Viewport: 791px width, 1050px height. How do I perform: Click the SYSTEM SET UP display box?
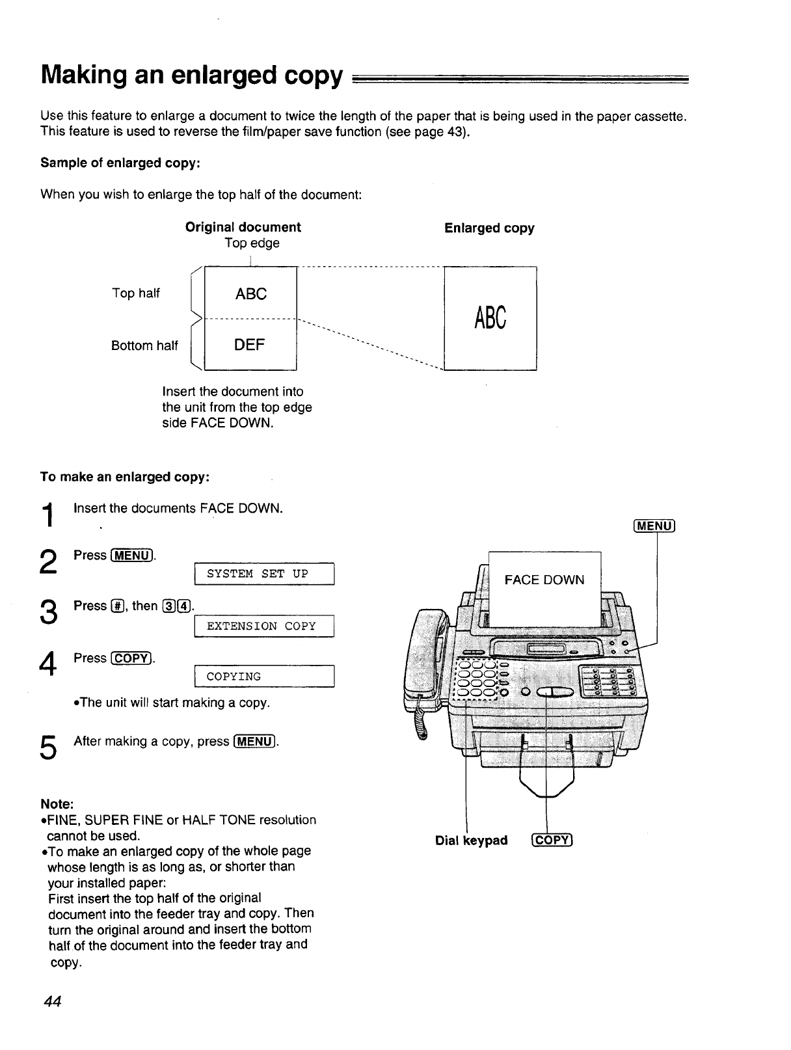coord(264,574)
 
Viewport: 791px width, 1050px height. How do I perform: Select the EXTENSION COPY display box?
coord(264,626)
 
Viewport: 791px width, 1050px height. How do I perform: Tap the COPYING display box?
coord(264,677)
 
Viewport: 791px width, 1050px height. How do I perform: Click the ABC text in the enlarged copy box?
coord(490,318)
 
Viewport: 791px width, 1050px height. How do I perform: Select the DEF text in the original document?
coord(250,345)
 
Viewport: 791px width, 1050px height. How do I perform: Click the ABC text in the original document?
coord(251,294)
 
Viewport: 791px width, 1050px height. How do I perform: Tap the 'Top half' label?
coord(135,293)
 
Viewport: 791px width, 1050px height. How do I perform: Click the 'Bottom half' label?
coord(144,345)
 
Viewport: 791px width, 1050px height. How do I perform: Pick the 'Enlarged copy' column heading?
coord(489,228)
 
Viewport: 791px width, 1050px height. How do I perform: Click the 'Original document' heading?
coord(243,227)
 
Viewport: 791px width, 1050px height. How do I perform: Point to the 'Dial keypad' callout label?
coord(471,841)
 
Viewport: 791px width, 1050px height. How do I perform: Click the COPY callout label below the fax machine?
coord(552,841)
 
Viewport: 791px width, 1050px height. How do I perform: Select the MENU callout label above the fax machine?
coord(654,526)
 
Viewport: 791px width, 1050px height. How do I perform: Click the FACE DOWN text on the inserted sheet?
coord(544,580)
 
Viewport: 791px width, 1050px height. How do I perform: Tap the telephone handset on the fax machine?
coord(426,664)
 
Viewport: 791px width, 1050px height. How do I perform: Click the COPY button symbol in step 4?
coord(132,658)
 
